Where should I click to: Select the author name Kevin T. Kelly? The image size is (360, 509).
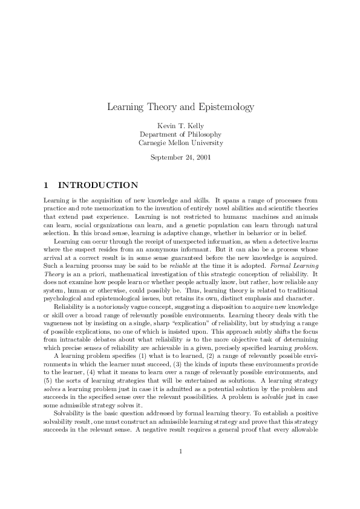[x=180, y=125]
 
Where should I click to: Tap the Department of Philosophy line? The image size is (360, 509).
[x=180, y=134]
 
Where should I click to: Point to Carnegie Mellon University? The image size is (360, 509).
[x=180, y=143]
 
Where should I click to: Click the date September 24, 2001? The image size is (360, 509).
[x=180, y=158]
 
